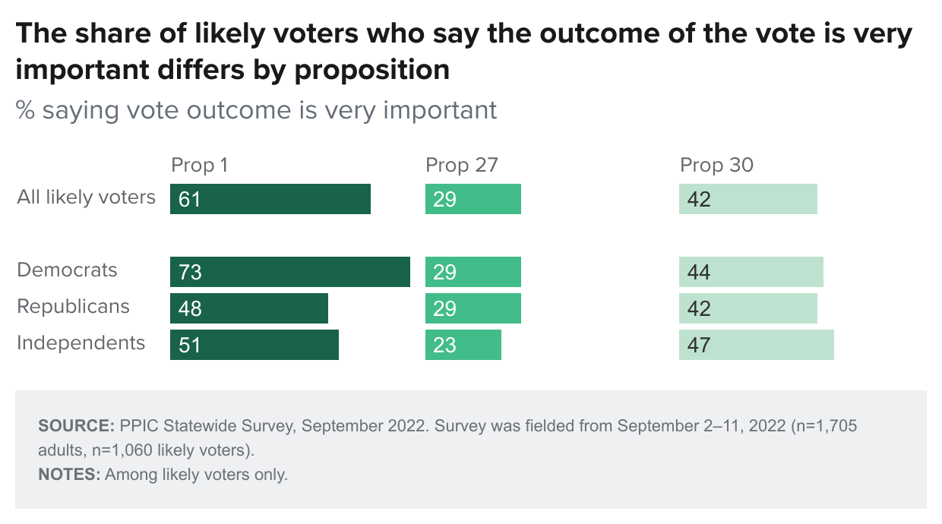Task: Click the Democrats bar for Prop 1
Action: coord(289,272)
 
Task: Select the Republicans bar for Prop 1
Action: coord(248,308)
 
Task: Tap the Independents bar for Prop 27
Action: coord(463,345)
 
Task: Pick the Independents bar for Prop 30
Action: coord(756,345)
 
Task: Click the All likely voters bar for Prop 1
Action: coord(270,199)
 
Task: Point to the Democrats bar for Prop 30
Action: coord(751,272)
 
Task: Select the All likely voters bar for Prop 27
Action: coord(473,199)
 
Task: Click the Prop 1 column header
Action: coord(199,165)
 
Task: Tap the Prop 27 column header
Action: coord(461,165)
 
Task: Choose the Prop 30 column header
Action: coord(716,165)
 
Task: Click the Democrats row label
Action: coord(68,270)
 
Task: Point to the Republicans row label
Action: coord(73,306)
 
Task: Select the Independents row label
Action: coord(81,342)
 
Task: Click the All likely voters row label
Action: coord(86,197)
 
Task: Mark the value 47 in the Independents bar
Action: coord(698,345)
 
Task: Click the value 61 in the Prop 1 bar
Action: coord(190,199)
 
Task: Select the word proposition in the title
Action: coord(371,70)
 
